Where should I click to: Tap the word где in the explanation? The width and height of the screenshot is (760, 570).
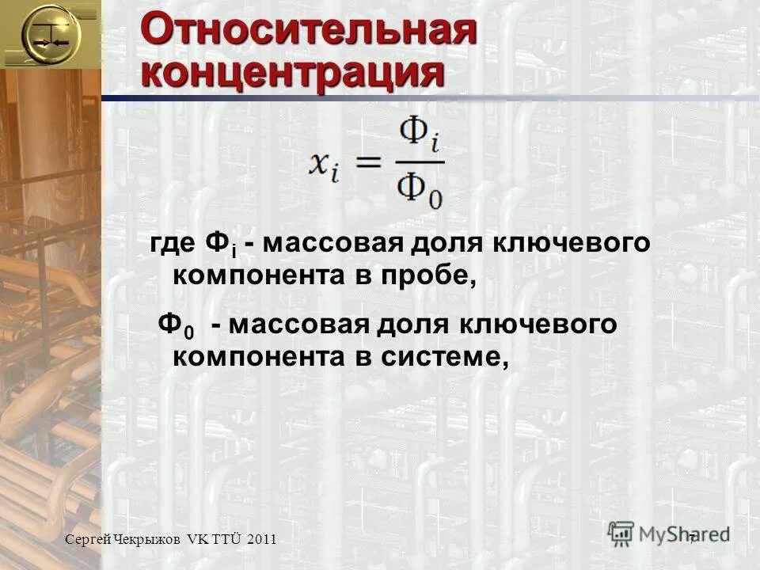click(173, 245)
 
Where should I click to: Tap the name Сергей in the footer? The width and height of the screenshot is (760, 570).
click(86, 539)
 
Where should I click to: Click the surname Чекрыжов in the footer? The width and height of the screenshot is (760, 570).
click(147, 539)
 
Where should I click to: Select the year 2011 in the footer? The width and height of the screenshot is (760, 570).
click(261, 539)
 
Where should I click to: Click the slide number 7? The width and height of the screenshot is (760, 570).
click(692, 538)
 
